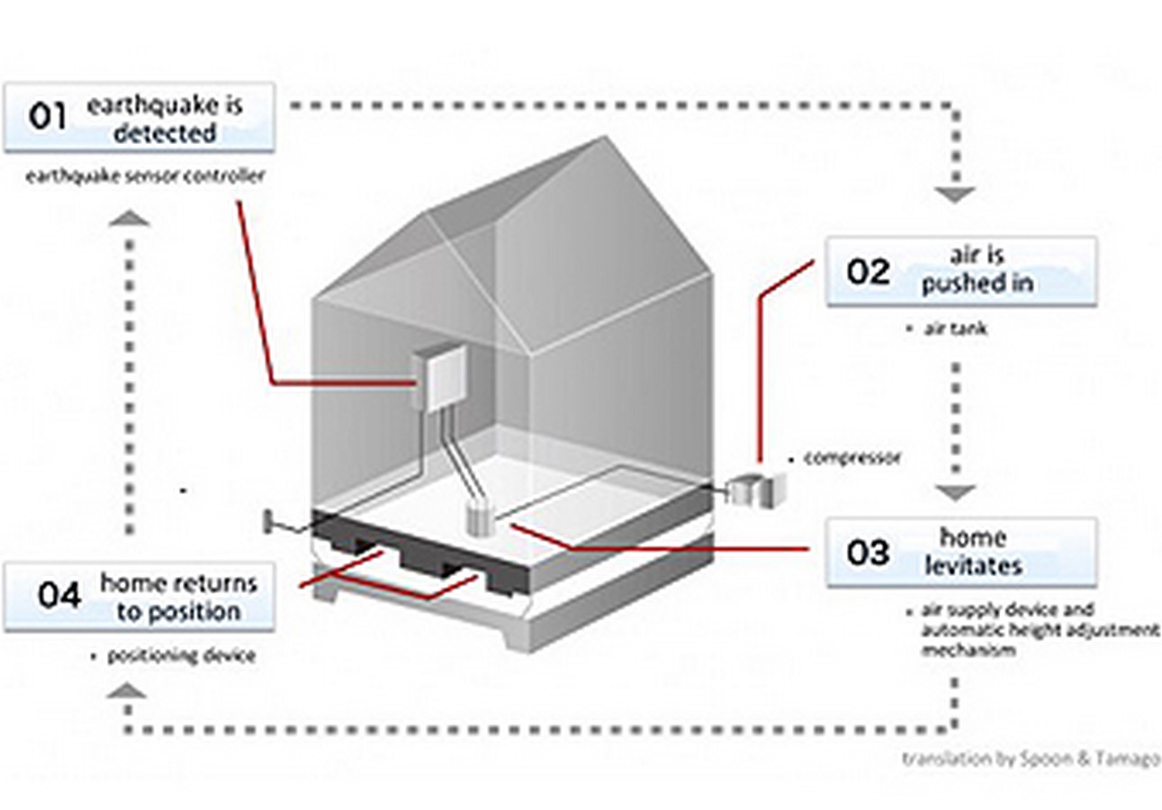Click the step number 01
pyautogui.click(x=47, y=116)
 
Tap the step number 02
pyautogui.click(x=868, y=272)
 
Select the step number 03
pyautogui.click(x=868, y=553)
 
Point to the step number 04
pyautogui.click(x=59, y=595)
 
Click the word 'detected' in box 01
pyautogui.click(x=165, y=133)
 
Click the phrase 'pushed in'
pyautogui.click(x=977, y=284)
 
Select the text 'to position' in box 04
pyautogui.click(x=179, y=612)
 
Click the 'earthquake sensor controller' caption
pyautogui.click(x=145, y=176)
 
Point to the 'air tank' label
pyautogui.click(x=956, y=328)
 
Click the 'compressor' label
pyautogui.click(x=851, y=457)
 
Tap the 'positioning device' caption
pyautogui.click(x=182, y=656)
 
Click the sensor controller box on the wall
pyautogui.click(x=440, y=379)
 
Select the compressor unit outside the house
pyautogui.click(x=756, y=490)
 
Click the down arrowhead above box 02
pyautogui.click(x=955, y=194)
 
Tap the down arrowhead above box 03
pyautogui.click(x=955, y=492)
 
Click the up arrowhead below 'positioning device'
pyautogui.click(x=127, y=690)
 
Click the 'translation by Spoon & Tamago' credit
pyautogui.click(x=1031, y=760)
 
